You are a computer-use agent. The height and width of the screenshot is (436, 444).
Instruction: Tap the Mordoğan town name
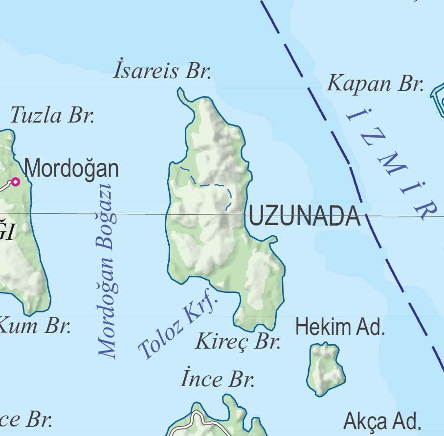click(x=71, y=169)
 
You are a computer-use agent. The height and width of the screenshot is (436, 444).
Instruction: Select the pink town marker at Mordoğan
click(x=16, y=182)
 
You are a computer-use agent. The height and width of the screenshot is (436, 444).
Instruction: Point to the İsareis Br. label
click(x=162, y=71)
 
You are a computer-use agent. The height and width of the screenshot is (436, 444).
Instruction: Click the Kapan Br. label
click(x=375, y=83)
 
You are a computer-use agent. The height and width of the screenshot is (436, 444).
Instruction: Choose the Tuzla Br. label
click(x=52, y=116)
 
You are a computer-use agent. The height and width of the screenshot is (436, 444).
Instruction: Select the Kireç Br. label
click(x=238, y=341)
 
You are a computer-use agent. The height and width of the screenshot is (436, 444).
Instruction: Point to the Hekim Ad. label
click(x=340, y=327)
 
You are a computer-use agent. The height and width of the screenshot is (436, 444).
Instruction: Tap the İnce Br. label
click(x=218, y=379)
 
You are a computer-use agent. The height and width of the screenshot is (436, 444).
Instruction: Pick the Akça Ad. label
click(x=382, y=420)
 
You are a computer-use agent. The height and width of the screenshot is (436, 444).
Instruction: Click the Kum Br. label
click(x=34, y=326)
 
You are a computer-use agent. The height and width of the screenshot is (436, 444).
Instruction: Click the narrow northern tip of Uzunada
click(x=182, y=94)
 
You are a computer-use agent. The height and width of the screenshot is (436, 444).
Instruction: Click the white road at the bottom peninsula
click(x=196, y=420)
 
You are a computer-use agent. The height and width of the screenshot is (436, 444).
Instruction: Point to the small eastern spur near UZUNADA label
click(x=271, y=239)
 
